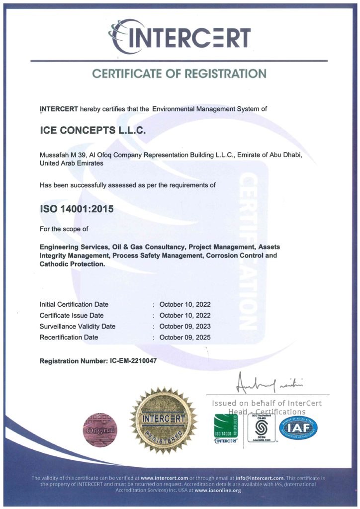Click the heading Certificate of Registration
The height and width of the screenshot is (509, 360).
(x=180, y=74)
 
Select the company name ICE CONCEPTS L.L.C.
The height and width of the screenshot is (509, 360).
(x=92, y=130)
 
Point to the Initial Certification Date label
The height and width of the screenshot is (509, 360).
(x=74, y=304)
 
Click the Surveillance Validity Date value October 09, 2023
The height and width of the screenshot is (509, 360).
(x=185, y=327)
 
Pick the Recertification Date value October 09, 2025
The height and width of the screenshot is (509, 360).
(x=185, y=338)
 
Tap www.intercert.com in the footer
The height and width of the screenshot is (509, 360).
(x=165, y=477)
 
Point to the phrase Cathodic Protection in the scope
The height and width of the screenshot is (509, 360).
(x=72, y=264)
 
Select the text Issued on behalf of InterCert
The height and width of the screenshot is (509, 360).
(x=267, y=403)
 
